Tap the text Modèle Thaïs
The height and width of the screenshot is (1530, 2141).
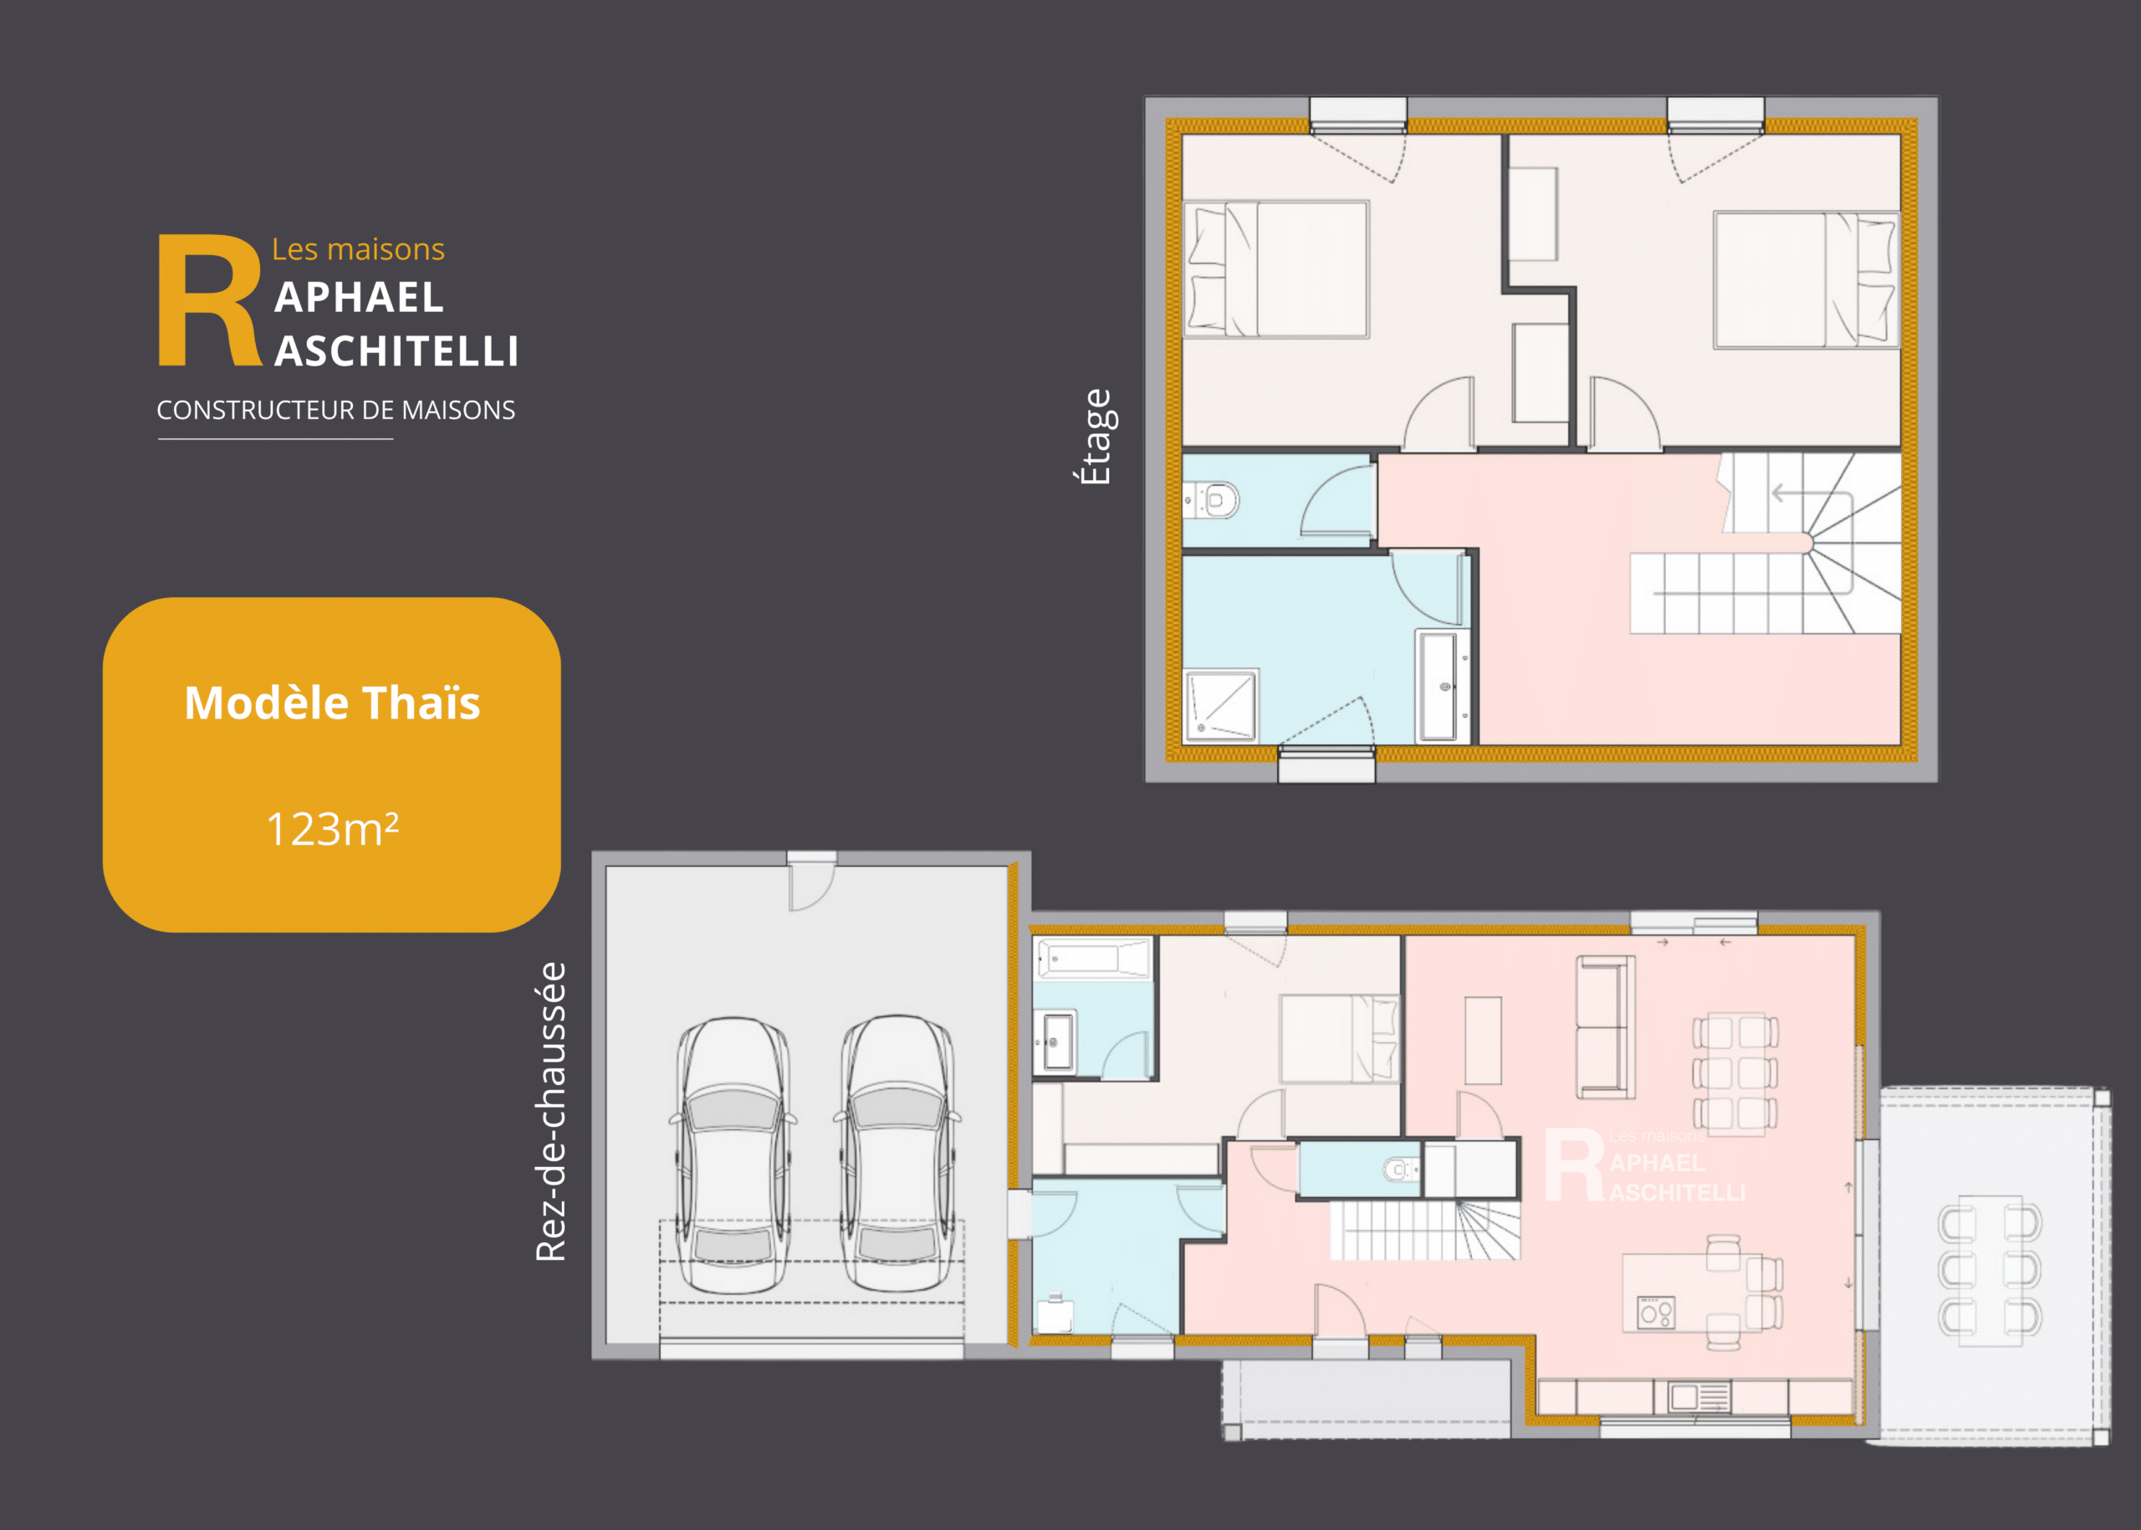coord(333,703)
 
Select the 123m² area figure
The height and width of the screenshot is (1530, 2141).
coord(333,829)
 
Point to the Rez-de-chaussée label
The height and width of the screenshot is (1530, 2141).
coord(551,1112)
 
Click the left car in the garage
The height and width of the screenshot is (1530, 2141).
coord(733,1155)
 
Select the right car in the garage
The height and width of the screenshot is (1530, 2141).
coord(897,1154)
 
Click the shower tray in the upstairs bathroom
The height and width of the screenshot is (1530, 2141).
coord(1221,704)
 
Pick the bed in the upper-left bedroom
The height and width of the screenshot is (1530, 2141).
coord(1276,269)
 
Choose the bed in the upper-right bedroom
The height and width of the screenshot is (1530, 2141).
coord(1806,279)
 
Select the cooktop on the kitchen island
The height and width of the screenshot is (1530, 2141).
coord(1655,1313)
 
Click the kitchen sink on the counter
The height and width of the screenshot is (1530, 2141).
coord(1700,1396)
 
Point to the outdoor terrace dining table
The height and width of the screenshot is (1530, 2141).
coord(1990,1266)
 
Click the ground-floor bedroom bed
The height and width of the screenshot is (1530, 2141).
coord(1338,1038)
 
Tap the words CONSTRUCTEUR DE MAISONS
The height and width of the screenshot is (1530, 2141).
coord(336,410)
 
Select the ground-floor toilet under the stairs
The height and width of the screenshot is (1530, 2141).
coord(1399,1170)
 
